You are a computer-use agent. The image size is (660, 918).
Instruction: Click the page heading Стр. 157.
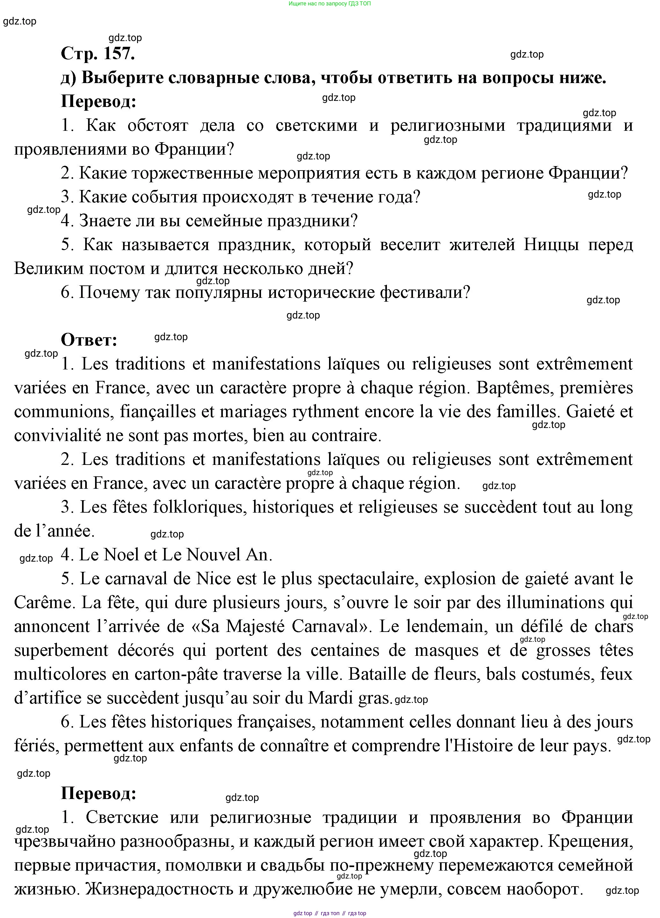pos(98,54)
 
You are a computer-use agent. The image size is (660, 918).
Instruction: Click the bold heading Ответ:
pos(89,340)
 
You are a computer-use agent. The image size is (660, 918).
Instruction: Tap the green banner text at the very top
pos(330,4)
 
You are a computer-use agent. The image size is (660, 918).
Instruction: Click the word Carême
pos(45,603)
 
